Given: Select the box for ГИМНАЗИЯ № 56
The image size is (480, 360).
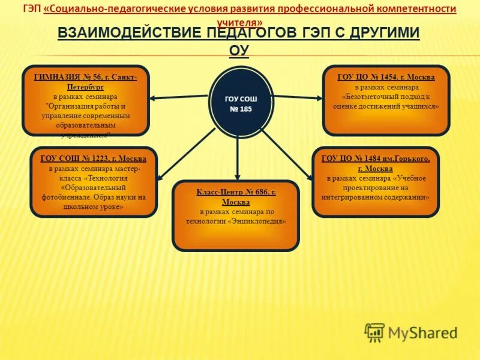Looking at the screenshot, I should (85, 100).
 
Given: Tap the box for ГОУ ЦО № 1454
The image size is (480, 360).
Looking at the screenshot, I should (386, 100).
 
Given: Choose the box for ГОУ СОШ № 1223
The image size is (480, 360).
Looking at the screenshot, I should (94, 182).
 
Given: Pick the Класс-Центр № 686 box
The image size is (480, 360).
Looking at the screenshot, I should (236, 215).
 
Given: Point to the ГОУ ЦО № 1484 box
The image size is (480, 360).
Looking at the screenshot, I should (376, 182).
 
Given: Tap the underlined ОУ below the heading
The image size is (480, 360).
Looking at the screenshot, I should (239, 50).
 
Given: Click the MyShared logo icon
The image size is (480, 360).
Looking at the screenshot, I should (374, 332).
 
